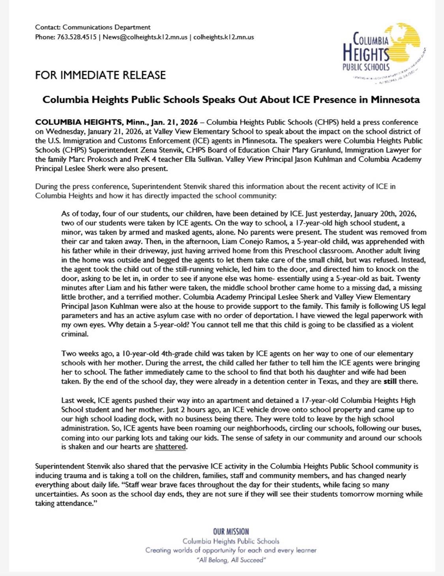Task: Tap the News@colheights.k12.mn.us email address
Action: [145, 37]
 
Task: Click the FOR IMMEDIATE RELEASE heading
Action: [100, 75]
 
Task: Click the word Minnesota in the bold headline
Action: [395, 100]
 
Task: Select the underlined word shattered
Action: [170, 447]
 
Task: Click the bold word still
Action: [390, 382]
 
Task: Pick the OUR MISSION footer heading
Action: [231, 531]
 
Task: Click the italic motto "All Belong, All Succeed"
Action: [231, 560]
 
